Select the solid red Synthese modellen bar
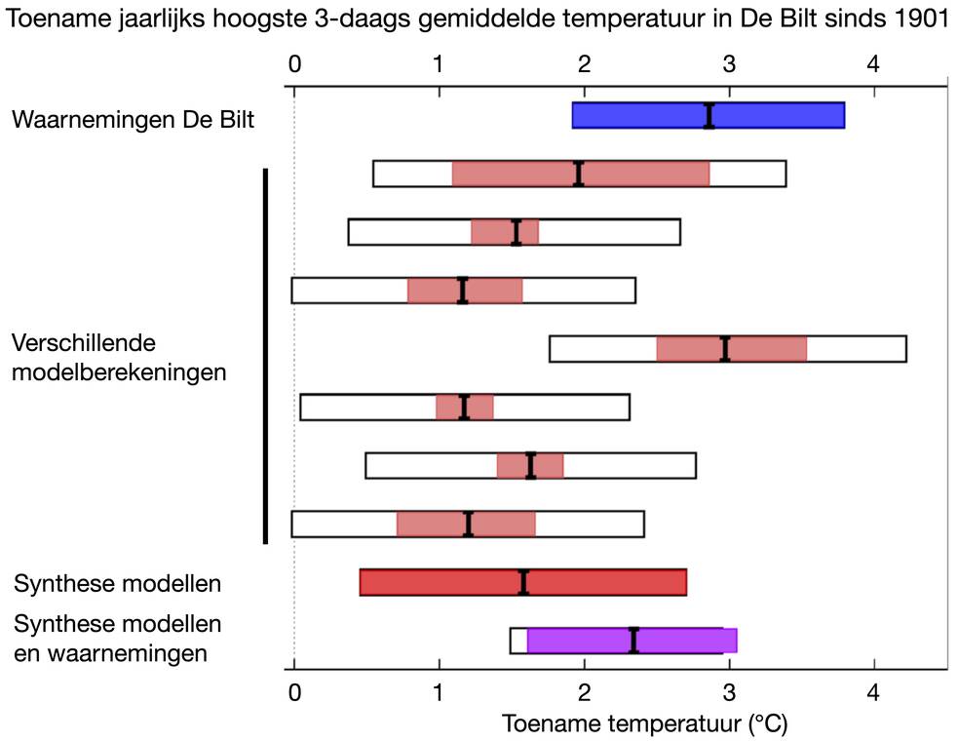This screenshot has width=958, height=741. point(439,582)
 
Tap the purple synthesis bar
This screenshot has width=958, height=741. point(682,640)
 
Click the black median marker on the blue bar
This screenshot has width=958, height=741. point(709,115)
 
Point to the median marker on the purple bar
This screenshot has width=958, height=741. point(633,640)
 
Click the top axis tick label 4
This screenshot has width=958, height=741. point(873,64)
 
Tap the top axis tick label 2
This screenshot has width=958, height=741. point(584,64)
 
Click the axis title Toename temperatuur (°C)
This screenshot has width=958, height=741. point(644,724)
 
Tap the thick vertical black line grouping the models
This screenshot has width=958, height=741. point(264,357)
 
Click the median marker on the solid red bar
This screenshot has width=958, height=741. point(523,582)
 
